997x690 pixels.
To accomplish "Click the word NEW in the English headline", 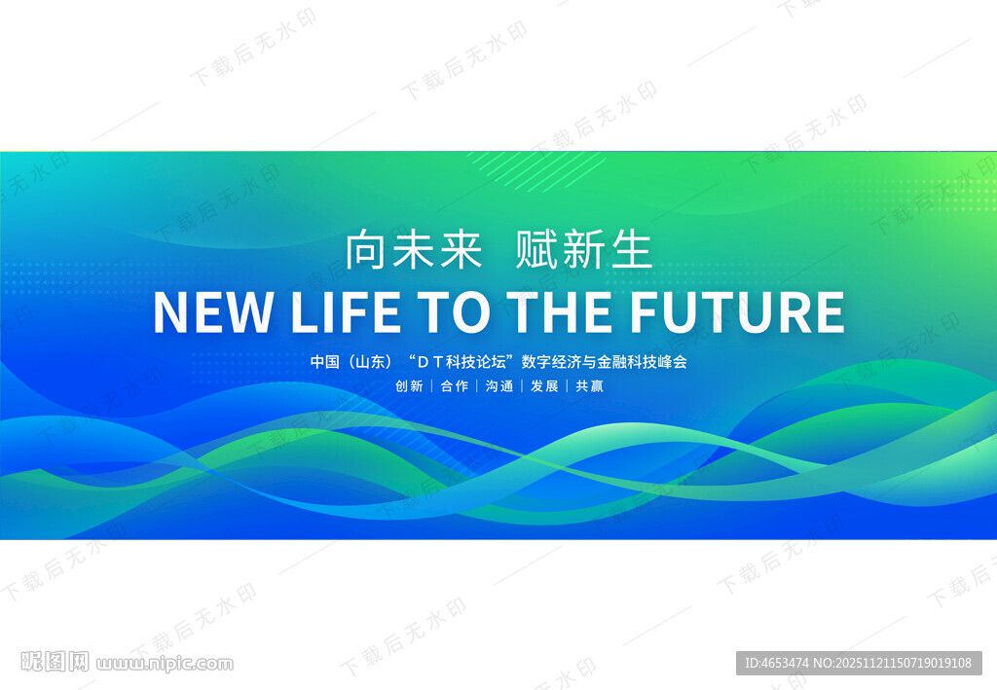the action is (213, 312).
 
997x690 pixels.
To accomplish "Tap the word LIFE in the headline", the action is (346, 312).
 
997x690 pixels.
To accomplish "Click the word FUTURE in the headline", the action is (737, 312).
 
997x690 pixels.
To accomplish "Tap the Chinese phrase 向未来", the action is (414, 250).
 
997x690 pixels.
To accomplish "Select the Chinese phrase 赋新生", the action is (584, 250).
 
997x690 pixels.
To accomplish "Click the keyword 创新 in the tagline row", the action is (409, 386).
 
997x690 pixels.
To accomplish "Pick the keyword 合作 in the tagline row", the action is (454, 386).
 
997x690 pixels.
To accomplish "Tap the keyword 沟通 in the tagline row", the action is (499, 386).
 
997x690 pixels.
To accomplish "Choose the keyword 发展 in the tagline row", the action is (544, 386).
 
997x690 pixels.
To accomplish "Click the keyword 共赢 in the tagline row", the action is (589, 386).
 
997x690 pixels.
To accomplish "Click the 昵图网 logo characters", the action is (55, 662).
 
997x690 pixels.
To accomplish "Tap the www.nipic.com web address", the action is (165, 664).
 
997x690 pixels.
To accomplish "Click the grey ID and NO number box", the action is (859, 663).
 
